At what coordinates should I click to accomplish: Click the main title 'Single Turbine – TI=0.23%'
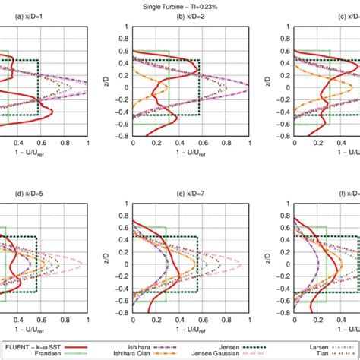[x=179, y=5]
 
